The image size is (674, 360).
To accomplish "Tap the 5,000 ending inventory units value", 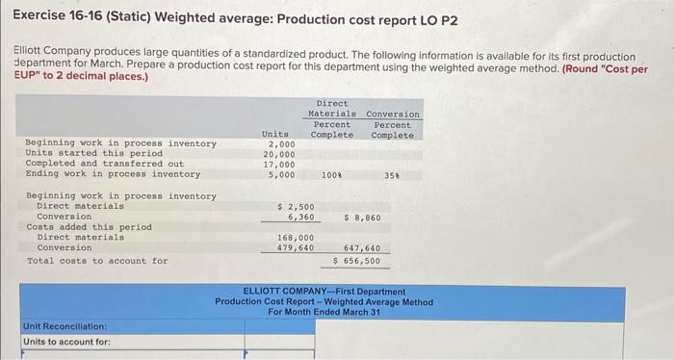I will pos(280,174).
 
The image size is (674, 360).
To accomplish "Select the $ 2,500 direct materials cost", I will pos(294,206).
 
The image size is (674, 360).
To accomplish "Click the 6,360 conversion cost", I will pos(298,217).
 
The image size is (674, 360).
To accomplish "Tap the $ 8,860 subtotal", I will pos(362,217).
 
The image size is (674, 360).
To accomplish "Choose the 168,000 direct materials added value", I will pos(295,237).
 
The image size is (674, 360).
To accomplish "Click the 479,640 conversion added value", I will pos(295,247).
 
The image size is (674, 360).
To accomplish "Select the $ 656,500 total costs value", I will pos(356,260).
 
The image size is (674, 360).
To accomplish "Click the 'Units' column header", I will pos(274,135).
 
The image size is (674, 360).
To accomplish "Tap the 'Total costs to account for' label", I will pos(96,261).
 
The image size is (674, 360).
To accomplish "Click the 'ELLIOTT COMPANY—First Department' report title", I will pos(324,291).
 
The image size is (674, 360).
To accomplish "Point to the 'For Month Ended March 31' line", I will pos(324,312).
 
